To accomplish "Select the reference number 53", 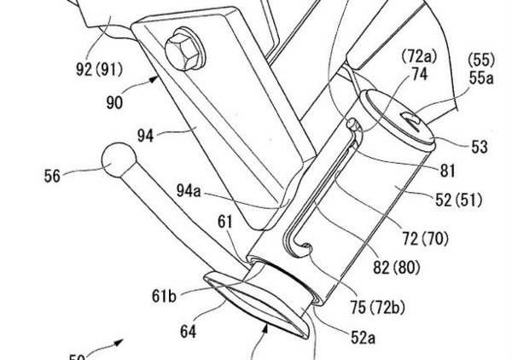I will click(x=479, y=148).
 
